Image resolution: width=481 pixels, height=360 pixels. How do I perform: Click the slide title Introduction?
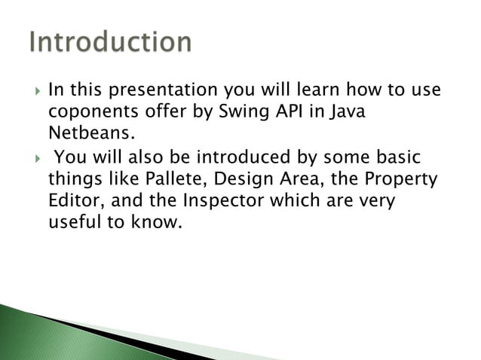click(x=110, y=41)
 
